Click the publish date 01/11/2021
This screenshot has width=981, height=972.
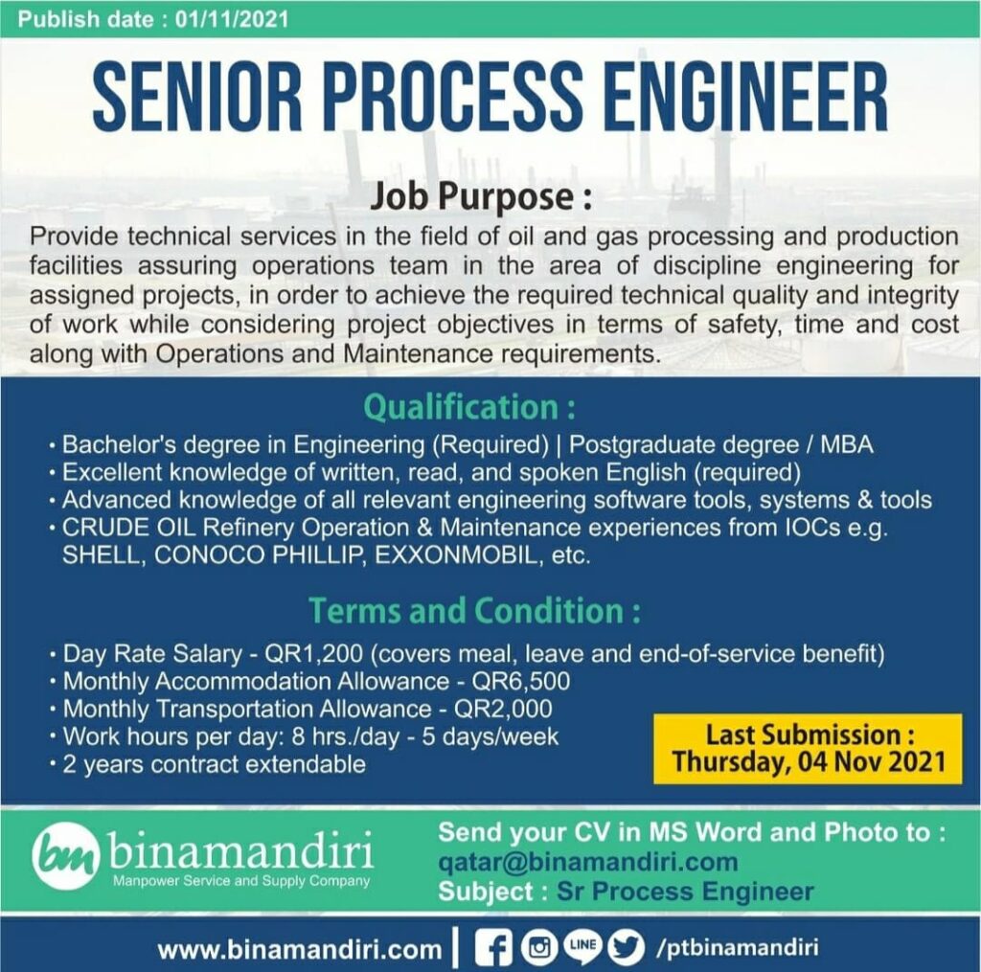(x=232, y=19)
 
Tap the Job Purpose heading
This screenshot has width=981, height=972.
(x=481, y=196)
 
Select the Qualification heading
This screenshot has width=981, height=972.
(x=469, y=407)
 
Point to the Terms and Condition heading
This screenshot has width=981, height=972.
(x=475, y=610)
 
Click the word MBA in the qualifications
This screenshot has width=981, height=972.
(x=847, y=444)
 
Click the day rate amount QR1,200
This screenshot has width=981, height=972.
(x=313, y=654)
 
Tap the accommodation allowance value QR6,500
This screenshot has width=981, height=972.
(x=521, y=681)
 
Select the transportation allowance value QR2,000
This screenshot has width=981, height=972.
(x=503, y=709)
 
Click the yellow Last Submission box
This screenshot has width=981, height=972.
(x=808, y=749)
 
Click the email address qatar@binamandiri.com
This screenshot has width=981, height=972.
(x=588, y=862)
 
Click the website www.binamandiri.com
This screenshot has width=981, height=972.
(x=300, y=949)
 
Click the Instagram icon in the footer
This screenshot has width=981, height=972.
(x=540, y=948)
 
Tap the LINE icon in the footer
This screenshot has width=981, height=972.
(x=583, y=944)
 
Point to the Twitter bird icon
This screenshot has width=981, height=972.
(x=627, y=948)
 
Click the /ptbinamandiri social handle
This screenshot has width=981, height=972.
(x=737, y=948)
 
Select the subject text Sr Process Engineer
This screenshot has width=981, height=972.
(x=685, y=892)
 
